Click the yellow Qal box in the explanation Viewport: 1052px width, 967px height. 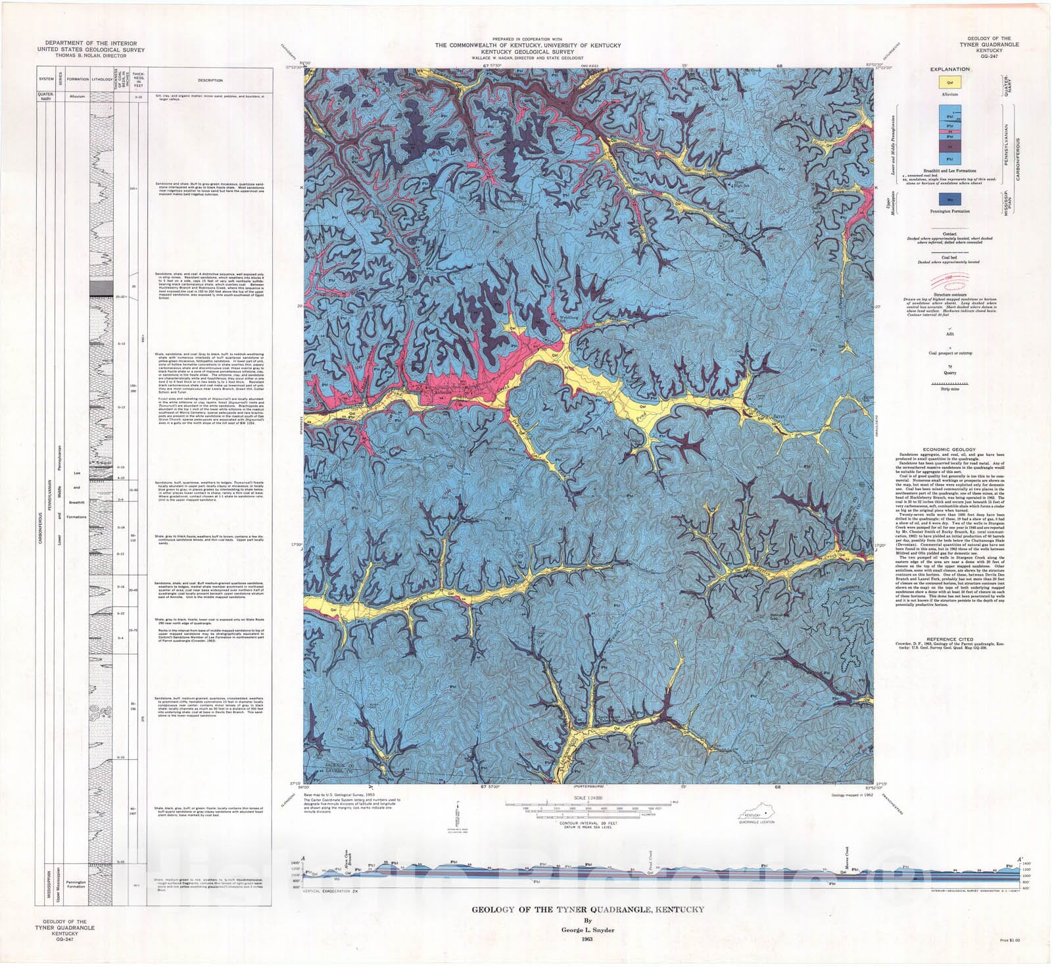[949, 82]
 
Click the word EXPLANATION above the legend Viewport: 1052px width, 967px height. [949, 69]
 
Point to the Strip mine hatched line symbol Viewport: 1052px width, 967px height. [949, 383]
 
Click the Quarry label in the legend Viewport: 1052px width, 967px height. [949, 372]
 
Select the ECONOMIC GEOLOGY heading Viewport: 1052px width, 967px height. [949, 449]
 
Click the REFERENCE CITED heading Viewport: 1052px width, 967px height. [949, 639]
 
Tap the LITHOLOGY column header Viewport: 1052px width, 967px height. [102, 79]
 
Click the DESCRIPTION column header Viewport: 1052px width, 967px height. [210, 80]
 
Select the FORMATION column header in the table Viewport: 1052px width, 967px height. [78, 79]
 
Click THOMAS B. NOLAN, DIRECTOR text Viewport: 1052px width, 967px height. [91, 56]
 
